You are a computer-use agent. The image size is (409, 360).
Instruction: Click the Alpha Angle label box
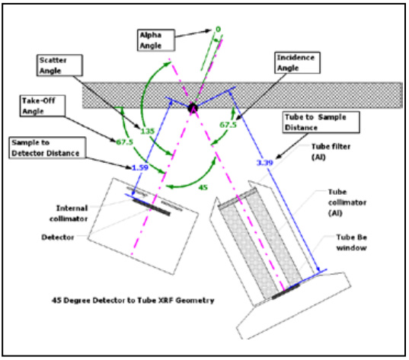coord(156,40)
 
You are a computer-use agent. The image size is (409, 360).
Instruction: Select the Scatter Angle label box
coord(59,65)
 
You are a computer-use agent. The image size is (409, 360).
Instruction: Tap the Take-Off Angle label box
coord(42,106)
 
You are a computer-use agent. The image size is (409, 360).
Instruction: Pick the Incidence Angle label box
coord(297,62)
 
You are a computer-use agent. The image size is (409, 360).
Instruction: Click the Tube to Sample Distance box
coord(321,123)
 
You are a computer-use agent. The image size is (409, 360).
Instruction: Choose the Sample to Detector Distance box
coord(47,148)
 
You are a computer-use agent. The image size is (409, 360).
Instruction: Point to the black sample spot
coord(193,107)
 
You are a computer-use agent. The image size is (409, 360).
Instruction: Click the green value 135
coord(147,131)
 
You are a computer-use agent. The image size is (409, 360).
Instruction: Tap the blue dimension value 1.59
coord(140,167)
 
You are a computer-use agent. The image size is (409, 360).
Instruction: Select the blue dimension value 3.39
coord(265,163)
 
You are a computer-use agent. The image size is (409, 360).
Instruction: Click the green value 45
coord(203,187)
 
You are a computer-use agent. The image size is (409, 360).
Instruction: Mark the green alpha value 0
coord(218,29)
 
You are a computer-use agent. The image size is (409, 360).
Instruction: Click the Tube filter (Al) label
coord(331,151)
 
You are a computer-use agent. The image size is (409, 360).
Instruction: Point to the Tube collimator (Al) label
coord(347,202)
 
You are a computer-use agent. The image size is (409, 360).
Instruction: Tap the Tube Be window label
coord(351,243)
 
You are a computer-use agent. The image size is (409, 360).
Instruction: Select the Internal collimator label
coord(69,214)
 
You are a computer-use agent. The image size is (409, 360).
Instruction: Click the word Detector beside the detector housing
coord(58,237)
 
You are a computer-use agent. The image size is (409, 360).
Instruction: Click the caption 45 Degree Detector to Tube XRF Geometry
coord(133,301)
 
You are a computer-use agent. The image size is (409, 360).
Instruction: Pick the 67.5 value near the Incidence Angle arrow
coord(228,125)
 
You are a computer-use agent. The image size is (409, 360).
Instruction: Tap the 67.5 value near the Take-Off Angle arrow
coord(124,142)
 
